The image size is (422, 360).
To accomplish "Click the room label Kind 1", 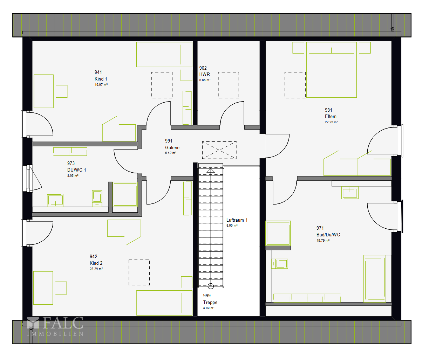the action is point(101,79).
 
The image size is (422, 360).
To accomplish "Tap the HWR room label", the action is point(204,74).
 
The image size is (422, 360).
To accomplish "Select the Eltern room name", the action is point(331,116).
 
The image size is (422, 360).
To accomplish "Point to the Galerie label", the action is point(172,147).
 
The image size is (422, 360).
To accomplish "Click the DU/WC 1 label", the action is point(76,170).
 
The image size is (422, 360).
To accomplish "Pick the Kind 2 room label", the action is point(96,263).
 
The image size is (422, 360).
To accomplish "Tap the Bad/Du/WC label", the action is point(328,235).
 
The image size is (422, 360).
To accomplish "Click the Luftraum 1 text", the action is point(237,220).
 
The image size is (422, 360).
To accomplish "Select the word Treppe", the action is point(210,302).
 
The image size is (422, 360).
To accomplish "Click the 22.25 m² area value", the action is point(331,122).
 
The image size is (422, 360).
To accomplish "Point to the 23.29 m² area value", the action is point(96,269).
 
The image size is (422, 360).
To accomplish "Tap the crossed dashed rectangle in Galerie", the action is point(219,150).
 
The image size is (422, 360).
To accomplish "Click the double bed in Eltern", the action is point(331,70).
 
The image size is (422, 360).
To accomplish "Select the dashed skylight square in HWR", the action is point(229,85).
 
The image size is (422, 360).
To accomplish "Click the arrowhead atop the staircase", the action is point(211,171).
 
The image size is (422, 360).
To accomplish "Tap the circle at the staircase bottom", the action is point(211,286).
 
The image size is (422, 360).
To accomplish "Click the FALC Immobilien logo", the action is point(55,326).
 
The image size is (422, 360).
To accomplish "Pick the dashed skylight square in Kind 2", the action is point(139,272).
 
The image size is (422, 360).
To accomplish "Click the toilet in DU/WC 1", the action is point(97,198).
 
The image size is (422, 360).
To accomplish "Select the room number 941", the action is point(98,72).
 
